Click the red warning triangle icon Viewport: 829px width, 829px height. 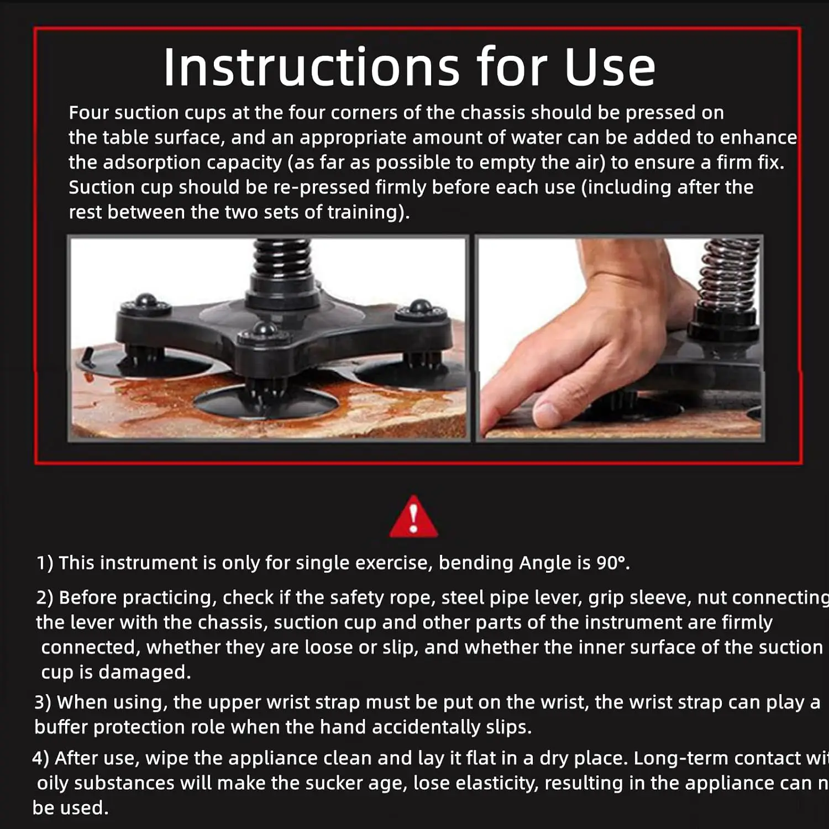point(413,517)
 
